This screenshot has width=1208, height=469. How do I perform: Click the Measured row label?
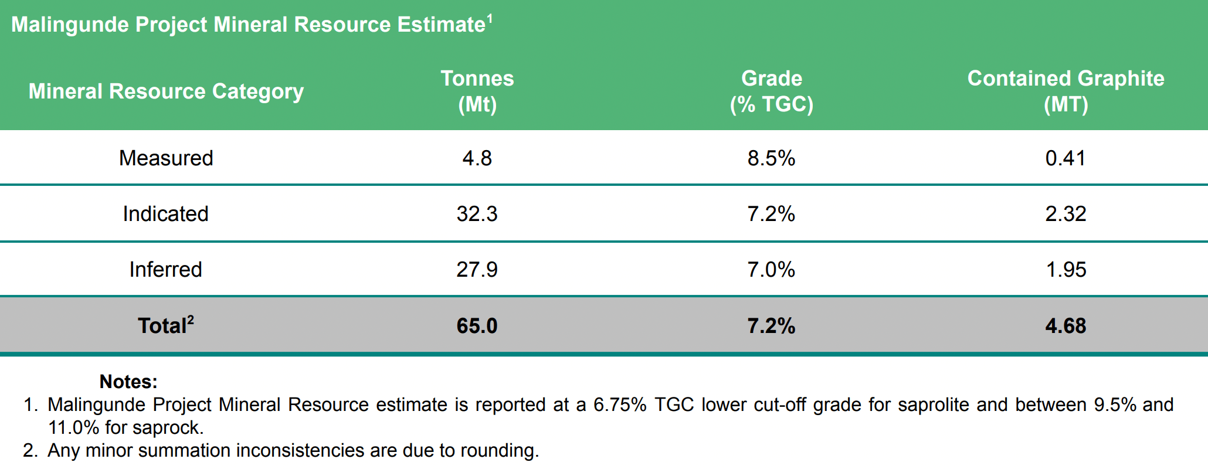[166, 158]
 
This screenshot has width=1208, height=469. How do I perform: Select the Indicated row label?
[166, 214]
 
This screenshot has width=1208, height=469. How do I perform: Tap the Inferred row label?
[166, 270]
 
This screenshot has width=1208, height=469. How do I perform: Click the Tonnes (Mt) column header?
[477, 91]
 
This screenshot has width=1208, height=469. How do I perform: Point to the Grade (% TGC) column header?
[771, 91]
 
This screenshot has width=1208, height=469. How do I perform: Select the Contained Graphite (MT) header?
[1066, 91]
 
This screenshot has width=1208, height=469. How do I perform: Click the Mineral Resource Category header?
[166, 91]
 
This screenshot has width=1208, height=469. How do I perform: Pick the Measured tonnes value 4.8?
[477, 158]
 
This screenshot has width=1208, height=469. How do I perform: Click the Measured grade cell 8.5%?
[771, 158]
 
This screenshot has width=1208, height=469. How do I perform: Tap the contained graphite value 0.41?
[1066, 158]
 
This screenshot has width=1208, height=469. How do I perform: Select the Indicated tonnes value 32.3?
[477, 214]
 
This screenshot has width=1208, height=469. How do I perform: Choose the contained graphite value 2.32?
[1066, 214]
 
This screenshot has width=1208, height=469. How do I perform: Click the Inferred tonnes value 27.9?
[477, 270]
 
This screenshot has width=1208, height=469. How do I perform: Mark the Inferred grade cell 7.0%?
[771, 270]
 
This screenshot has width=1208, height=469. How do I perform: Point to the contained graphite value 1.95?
[1066, 270]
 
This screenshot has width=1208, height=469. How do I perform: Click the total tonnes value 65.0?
[477, 326]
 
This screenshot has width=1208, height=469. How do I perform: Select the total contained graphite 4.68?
[1066, 326]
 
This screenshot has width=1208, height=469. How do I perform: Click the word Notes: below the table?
[128, 382]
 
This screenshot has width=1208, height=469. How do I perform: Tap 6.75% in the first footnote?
[619, 405]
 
